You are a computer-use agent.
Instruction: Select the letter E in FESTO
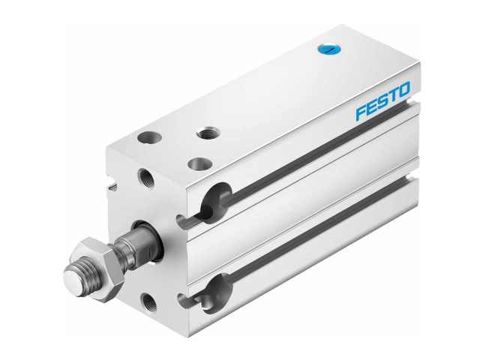point(373,109)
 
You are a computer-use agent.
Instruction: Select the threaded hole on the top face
point(206,133)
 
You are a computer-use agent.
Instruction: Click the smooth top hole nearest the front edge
point(199,164)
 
